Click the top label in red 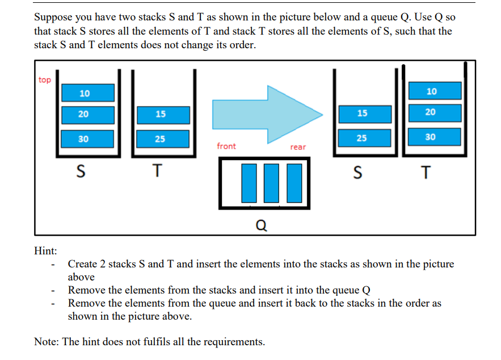(45, 80)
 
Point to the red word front (226, 146)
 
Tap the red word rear (298, 147)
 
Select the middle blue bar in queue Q (272, 183)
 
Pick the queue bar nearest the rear (293, 183)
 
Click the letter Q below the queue (260, 226)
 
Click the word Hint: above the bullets (46, 250)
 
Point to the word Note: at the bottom (47, 341)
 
